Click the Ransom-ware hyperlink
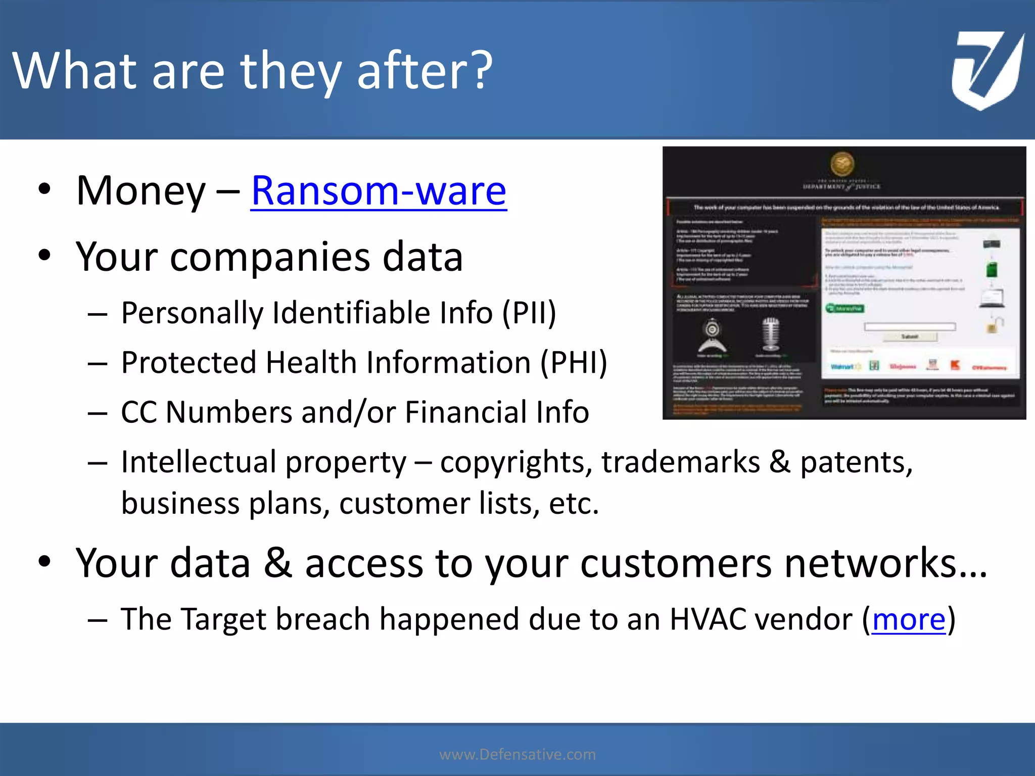[379, 191]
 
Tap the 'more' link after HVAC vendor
[908, 619]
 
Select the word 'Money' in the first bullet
[140, 191]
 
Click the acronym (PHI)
[573, 363]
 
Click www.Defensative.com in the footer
[517, 754]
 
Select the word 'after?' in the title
[425, 71]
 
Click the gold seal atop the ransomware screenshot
[842, 164]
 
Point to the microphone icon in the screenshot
[771, 335]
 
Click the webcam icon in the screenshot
[713, 336]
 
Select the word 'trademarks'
[680, 462]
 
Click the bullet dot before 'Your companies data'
[44, 256]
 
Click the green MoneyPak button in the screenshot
[845, 308]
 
